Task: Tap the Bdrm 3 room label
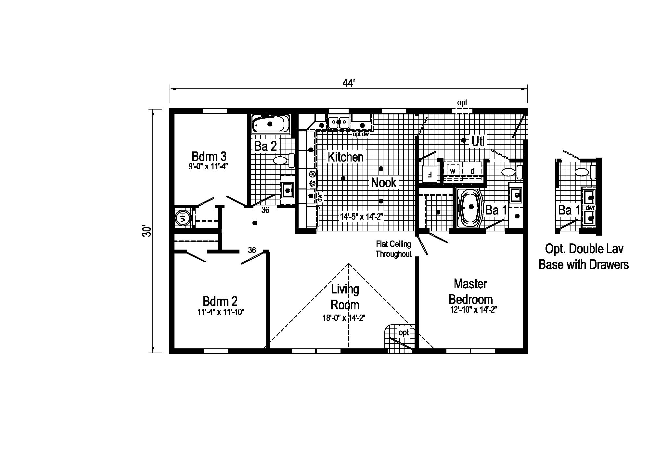[209, 157]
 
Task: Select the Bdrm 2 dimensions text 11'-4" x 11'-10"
[221, 312]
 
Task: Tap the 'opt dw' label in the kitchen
[360, 134]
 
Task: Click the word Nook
[383, 183]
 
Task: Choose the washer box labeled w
[453, 171]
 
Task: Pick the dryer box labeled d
[472, 171]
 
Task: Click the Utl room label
[478, 142]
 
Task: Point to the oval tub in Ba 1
[470, 207]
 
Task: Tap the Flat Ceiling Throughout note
[393, 249]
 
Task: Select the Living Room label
[345, 297]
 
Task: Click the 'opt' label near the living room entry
[403, 332]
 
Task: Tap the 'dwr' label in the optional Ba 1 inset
[590, 207]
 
